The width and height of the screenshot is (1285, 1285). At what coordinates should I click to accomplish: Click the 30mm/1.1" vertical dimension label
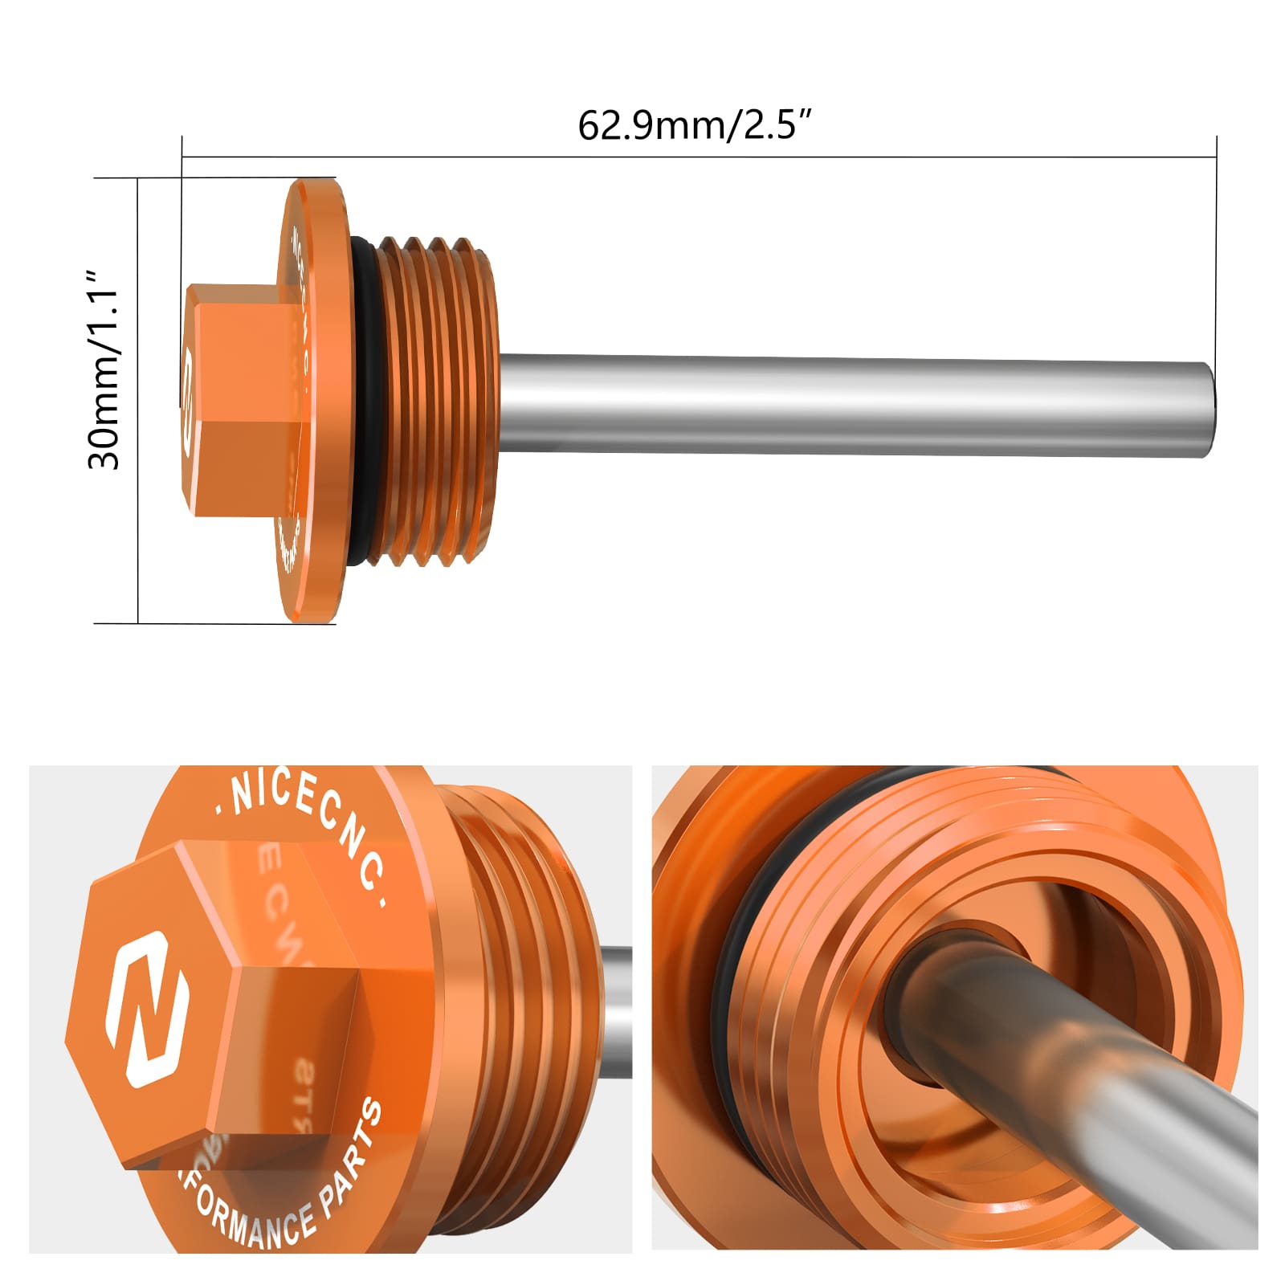click(x=104, y=369)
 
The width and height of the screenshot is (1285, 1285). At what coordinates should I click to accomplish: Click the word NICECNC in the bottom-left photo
click(x=309, y=827)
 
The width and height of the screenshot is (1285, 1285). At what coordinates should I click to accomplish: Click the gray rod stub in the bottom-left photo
click(x=616, y=1012)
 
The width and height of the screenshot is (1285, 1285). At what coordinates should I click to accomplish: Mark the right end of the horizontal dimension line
click(x=1216, y=157)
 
